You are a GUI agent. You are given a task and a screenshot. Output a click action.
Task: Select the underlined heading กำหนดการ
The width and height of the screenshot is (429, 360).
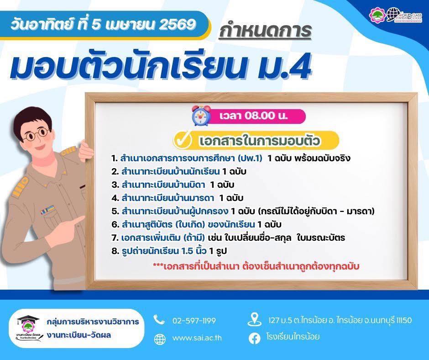tap(265, 30)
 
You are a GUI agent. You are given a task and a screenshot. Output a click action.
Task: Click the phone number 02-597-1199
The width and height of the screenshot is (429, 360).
tap(194, 320)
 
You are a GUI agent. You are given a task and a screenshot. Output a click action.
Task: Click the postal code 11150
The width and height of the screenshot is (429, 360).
tap(402, 320)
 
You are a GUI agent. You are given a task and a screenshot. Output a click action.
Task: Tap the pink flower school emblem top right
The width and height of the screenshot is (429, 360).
tap(377, 15)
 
